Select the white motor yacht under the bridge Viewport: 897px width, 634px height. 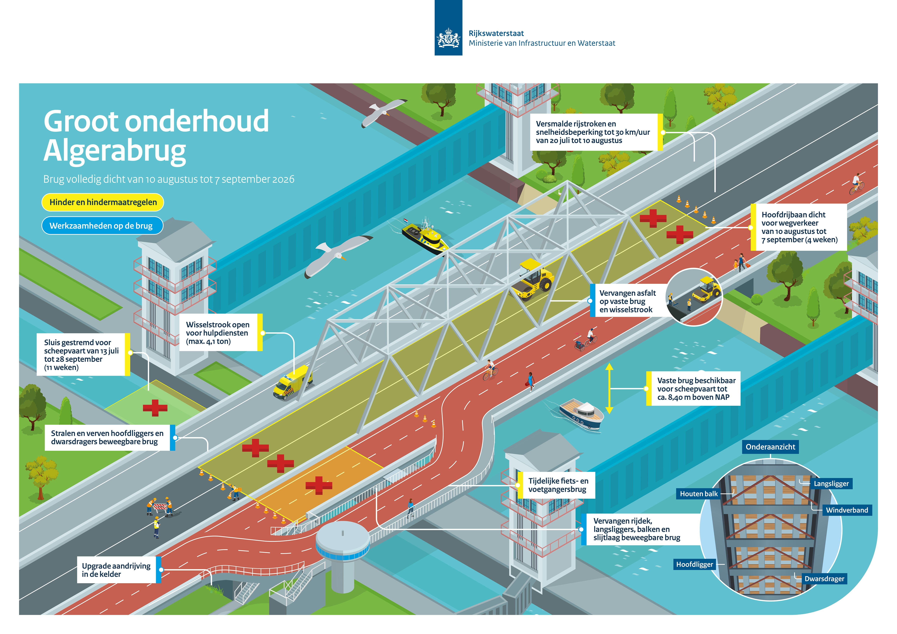581,414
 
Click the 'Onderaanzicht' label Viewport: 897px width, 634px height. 770,447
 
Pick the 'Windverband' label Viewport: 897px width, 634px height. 847,510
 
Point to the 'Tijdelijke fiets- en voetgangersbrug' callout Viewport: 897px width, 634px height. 558,485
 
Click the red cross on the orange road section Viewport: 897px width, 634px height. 319,485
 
